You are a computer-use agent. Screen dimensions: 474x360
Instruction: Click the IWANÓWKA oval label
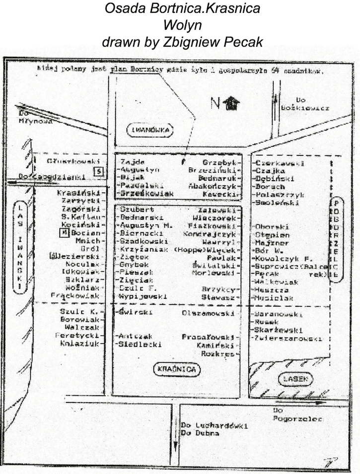(150, 131)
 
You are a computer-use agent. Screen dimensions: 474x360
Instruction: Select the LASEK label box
(297, 379)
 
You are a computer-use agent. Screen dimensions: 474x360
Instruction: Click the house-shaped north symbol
(231, 103)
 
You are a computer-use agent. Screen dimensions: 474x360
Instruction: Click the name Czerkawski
(279, 163)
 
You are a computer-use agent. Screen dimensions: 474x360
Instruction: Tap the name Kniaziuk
(81, 343)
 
